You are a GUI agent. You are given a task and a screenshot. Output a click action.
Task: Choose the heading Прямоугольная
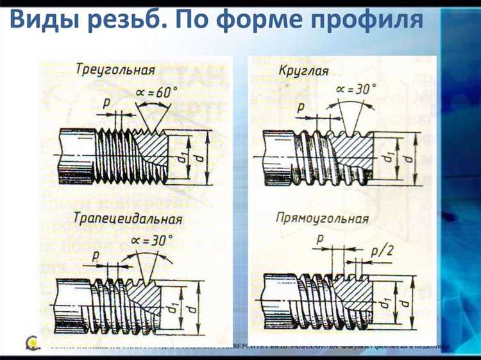pyautogui.click(x=322, y=218)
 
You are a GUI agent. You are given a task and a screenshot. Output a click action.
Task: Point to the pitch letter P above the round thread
pyautogui.click(x=300, y=108)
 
